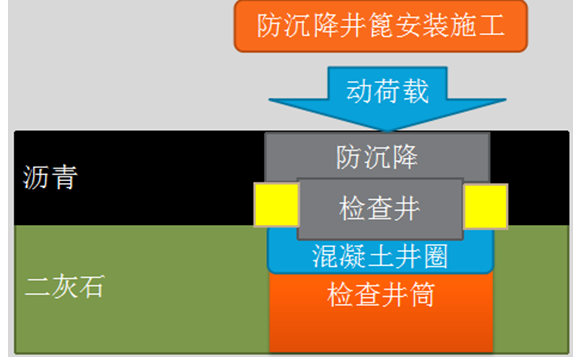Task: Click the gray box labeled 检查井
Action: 379,209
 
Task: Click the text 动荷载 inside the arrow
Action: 388,92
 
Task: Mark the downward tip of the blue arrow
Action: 388,129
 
